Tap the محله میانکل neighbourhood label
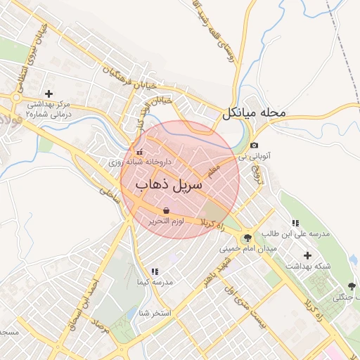(x=254, y=112)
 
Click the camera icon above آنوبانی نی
(x=253, y=146)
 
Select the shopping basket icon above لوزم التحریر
(x=166, y=210)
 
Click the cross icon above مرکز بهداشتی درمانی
(x=49, y=94)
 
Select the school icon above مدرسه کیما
(x=154, y=271)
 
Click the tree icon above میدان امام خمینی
(x=247, y=238)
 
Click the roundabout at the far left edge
(x=15, y=98)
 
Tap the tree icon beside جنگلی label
(x=352, y=287)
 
